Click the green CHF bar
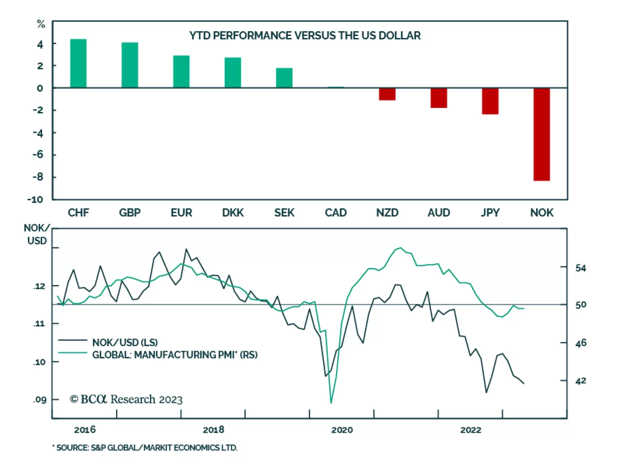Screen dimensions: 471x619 78,63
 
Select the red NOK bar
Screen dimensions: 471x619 541,134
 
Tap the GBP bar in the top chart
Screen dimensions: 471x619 130,65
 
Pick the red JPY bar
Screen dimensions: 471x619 490,101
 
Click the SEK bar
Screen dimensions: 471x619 284,78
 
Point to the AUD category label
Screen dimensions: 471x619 438,213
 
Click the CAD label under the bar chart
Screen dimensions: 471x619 335,213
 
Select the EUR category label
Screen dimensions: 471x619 181,213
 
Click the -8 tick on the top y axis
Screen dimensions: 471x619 38,177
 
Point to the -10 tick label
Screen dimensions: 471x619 35,200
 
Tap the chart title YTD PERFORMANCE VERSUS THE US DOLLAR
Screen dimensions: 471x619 305,36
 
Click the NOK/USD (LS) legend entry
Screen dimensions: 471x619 125,342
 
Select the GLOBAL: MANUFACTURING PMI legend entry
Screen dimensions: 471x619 174,355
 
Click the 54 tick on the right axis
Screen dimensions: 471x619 580,268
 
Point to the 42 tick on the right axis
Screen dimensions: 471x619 580,381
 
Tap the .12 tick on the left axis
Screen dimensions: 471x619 39,286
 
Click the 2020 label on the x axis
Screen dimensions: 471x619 342,430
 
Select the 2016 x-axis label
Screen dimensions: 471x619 85,430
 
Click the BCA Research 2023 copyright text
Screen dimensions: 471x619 126,399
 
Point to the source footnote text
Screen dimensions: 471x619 145,448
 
